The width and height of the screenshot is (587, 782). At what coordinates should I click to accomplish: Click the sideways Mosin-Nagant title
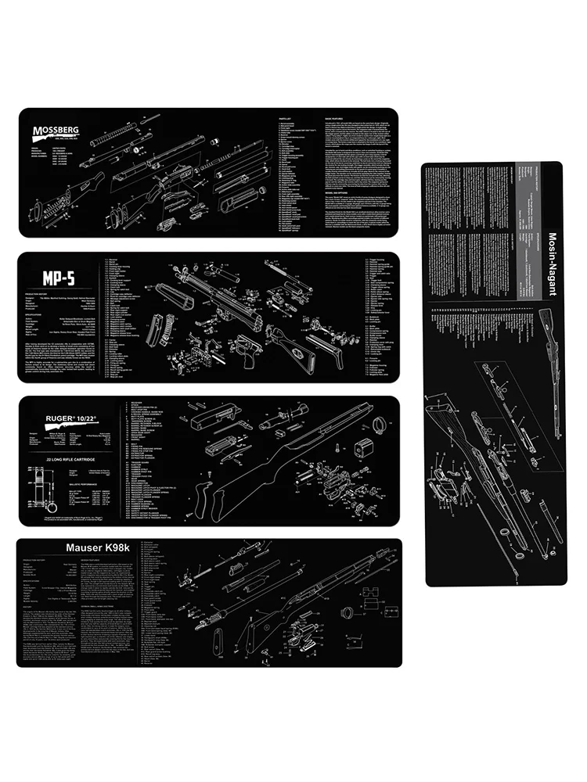coord(555,261)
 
